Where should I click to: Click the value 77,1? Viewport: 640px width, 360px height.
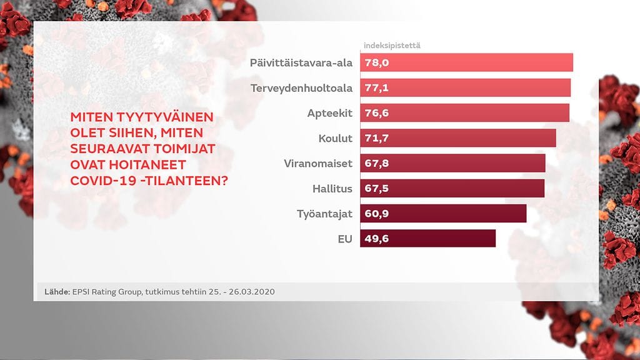376,88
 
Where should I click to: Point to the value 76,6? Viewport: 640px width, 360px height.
376,113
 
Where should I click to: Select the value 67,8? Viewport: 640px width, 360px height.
376,163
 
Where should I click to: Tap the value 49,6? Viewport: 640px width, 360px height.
376,238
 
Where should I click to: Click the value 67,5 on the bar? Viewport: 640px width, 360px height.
376,188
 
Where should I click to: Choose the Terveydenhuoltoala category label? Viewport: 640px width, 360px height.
301,88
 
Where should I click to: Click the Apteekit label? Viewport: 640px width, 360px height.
330,113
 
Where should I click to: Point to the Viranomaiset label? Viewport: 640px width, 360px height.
318,163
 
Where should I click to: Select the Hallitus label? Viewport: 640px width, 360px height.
332,188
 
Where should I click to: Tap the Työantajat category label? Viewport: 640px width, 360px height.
324,213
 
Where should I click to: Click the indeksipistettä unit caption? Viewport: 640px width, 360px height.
392,46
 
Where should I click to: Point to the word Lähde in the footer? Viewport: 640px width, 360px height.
57,292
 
